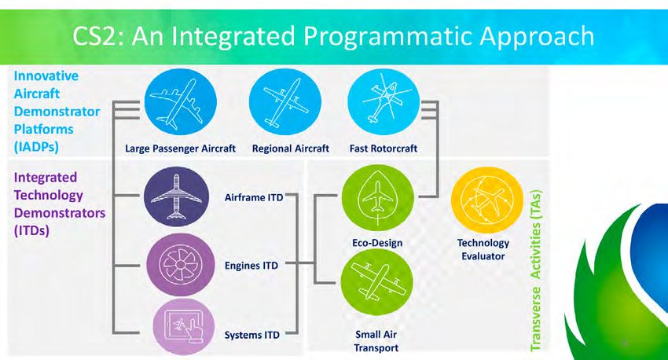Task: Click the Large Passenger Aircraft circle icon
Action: click(x=181, y=102)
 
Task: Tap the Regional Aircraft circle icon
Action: click(x=284, y=102)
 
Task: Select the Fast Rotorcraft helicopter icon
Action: click(x=384, y=102)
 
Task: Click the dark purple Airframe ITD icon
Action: click(x=176, y=197)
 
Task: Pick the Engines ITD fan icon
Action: click(x=181, y=265)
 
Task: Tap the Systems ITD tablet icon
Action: click(x=184, y=327)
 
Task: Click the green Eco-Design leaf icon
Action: click(x=378, y=197)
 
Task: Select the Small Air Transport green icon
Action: click(x=377, y=282)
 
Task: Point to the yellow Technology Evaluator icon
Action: click(x=487, y=200)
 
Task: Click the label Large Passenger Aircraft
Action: click(x=180, y=149)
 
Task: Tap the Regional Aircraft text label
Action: click(x=291, y=149)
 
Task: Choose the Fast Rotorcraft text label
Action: click(x=384, y=149)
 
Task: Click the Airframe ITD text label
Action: click(x=254, y=197)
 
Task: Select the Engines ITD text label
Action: click(x=251, y=266)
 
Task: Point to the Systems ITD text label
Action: click(x=251, y=335)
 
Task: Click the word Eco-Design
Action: click(x=377, y=243)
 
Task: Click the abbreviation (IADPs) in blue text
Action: click(x=36, y=147)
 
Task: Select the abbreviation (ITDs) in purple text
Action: click(x=31, y=230)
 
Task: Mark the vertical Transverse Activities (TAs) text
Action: click(x=535, y=270)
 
